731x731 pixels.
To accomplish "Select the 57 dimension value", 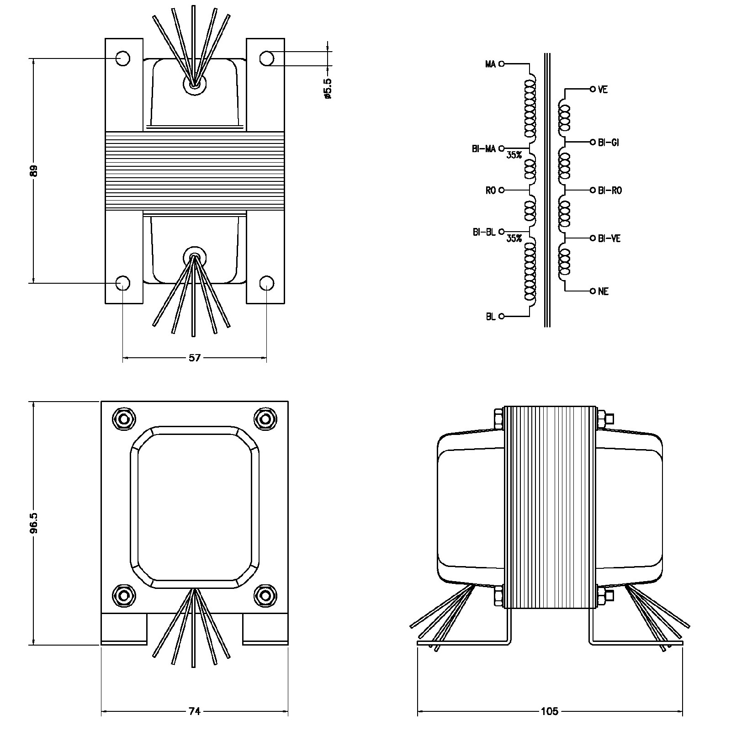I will pos(195,358).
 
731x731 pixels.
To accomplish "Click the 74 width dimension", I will pos(195,711).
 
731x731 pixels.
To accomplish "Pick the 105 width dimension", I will pos(549,711).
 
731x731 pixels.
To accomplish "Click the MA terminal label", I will pos(490,64).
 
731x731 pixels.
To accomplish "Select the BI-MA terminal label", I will pos(483,149).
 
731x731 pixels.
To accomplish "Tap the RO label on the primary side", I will pos(490,191).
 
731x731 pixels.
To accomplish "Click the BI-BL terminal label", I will pos(484,233).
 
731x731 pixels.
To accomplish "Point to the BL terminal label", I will pos(490,317).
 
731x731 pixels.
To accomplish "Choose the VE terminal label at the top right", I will pos(603,90).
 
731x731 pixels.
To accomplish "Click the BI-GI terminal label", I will pos(608,143).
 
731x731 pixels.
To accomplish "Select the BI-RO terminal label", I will pos(609,191).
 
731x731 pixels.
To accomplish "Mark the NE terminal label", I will pos(603,291).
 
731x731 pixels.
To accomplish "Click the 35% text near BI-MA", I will pos(514,155).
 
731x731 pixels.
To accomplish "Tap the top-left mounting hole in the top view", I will pos(122,58).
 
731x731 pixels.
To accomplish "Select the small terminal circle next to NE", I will pos(593,291).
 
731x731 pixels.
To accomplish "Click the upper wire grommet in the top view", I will pos(194,84).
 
